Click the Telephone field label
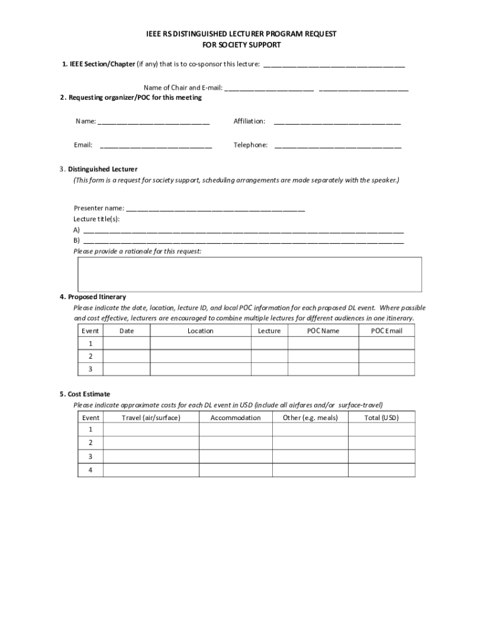click(x=250, y=145)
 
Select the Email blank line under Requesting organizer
click(x=156, y=147)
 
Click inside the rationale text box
click(x=250, y=274)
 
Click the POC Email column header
click(x=386, y=331)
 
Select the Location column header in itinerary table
click(x=200, y=331)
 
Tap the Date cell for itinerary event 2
click(x=126, y=356)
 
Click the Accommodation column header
click(x=235, y=418)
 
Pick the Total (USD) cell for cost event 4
click(x=381, y=470)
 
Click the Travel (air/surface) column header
click(x=151, y=418)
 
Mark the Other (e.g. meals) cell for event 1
click(x=310, y=429)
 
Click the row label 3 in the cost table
click(x=90, y=456)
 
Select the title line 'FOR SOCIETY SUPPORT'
click(x=242, y=45)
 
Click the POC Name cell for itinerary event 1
click(x=323, y=344)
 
